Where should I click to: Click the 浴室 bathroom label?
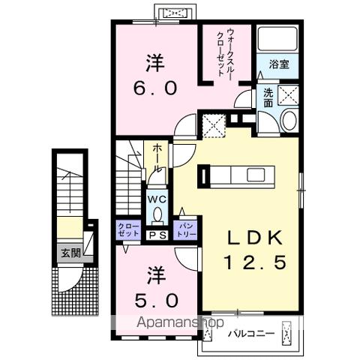(279, 64)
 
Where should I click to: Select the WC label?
(156, 199)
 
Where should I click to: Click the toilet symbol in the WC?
(156, 214)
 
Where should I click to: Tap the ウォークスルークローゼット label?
(226, 53)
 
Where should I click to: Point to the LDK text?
(254, 238)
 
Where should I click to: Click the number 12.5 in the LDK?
(254, 264)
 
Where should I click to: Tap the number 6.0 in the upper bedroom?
(156, 88)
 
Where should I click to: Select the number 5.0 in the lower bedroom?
(156, 302)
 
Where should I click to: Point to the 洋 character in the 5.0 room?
(156, 275)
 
